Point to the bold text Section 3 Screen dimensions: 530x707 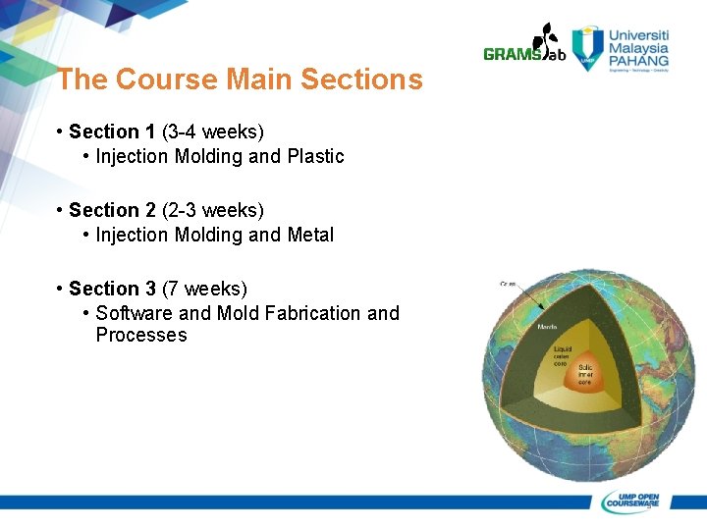tap(112, 289)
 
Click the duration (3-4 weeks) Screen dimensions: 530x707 tap(213, 132)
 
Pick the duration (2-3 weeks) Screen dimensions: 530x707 tap(213, 210)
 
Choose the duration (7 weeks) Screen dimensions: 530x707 tap(204, 289)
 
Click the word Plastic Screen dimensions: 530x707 tap(315, 156)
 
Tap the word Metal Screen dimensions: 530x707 tap(310, 235)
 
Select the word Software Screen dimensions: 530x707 tap(134, 313)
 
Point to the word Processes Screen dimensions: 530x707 tap(140, 336)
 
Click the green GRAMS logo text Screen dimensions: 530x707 tap(512, 55)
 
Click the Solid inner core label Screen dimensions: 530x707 tap(586, 373)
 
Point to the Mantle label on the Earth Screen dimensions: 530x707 tap(548, 327)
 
